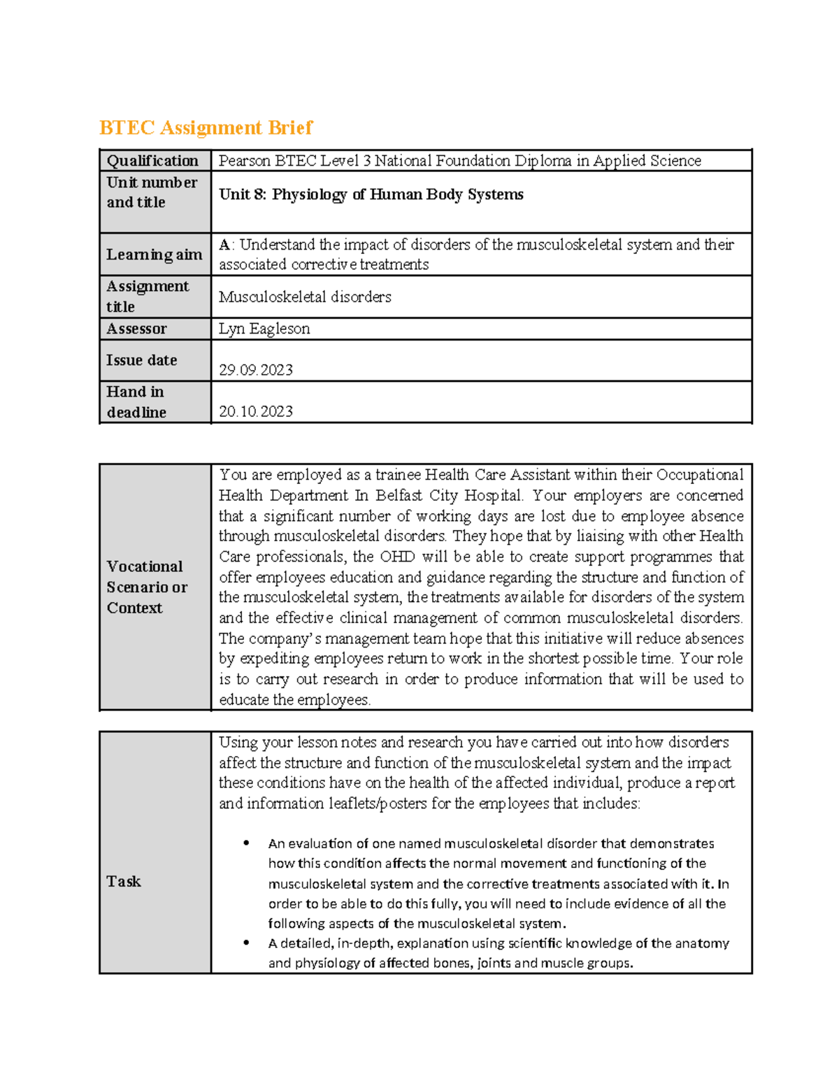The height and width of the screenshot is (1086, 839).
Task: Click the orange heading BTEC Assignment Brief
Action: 206,127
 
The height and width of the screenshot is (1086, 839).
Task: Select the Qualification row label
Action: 152,161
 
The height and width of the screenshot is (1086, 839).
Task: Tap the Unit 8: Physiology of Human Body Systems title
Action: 371,194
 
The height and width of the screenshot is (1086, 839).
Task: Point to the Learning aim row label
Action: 154,255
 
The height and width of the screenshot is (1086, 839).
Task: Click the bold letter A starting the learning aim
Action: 224,245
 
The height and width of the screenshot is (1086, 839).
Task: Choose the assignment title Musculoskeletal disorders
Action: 305,296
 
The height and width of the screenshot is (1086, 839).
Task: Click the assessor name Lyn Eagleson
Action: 264,329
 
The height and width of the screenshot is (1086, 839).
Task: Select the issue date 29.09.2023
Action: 256,370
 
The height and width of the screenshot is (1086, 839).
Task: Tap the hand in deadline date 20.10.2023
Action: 256,412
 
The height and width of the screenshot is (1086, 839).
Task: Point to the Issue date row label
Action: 141,360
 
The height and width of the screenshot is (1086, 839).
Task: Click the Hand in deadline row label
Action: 136,402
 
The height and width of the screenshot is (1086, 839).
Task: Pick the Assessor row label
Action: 136,329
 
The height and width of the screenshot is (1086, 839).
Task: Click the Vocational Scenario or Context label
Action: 147,587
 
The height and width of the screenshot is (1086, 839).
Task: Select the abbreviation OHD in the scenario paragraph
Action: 397,557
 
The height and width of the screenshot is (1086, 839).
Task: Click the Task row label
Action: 124,881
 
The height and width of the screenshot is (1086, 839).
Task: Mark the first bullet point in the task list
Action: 246,843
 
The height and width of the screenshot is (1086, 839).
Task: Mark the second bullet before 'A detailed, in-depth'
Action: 246,943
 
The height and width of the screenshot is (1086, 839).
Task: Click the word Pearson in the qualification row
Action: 244,161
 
